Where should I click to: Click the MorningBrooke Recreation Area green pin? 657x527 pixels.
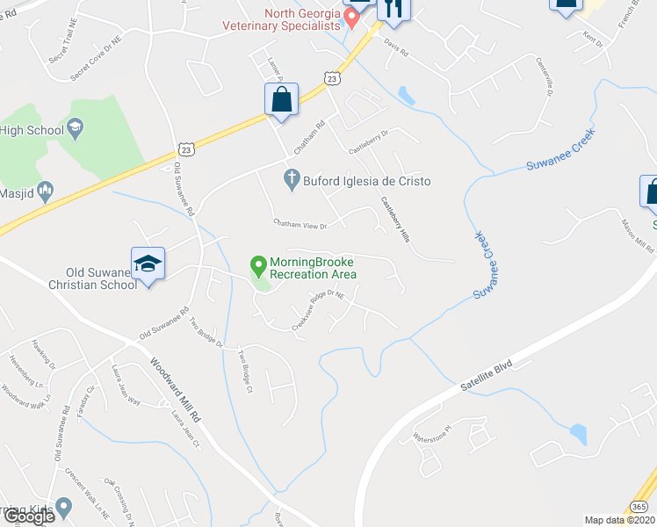(x=258, y=263)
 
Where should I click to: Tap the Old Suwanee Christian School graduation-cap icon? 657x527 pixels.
(x=148, y=263)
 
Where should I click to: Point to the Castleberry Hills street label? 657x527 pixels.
(x=396, y=219)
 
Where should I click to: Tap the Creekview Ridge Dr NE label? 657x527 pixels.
(x=323, y=308)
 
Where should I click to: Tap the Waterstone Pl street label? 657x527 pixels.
(x=434, y=437)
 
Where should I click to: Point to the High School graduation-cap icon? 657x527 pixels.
(x=76, y=131)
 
